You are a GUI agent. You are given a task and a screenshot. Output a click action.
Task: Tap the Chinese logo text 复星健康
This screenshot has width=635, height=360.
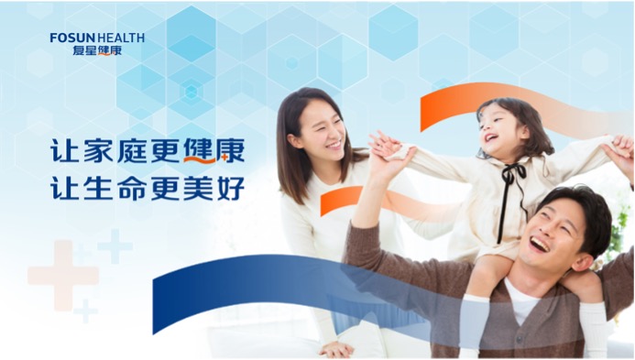96,50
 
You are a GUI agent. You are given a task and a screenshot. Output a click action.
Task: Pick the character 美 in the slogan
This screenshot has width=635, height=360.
203,186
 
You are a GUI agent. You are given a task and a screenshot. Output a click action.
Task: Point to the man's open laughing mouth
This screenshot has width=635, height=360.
539,245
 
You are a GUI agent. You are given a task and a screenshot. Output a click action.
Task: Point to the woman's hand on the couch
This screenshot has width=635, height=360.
335,349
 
